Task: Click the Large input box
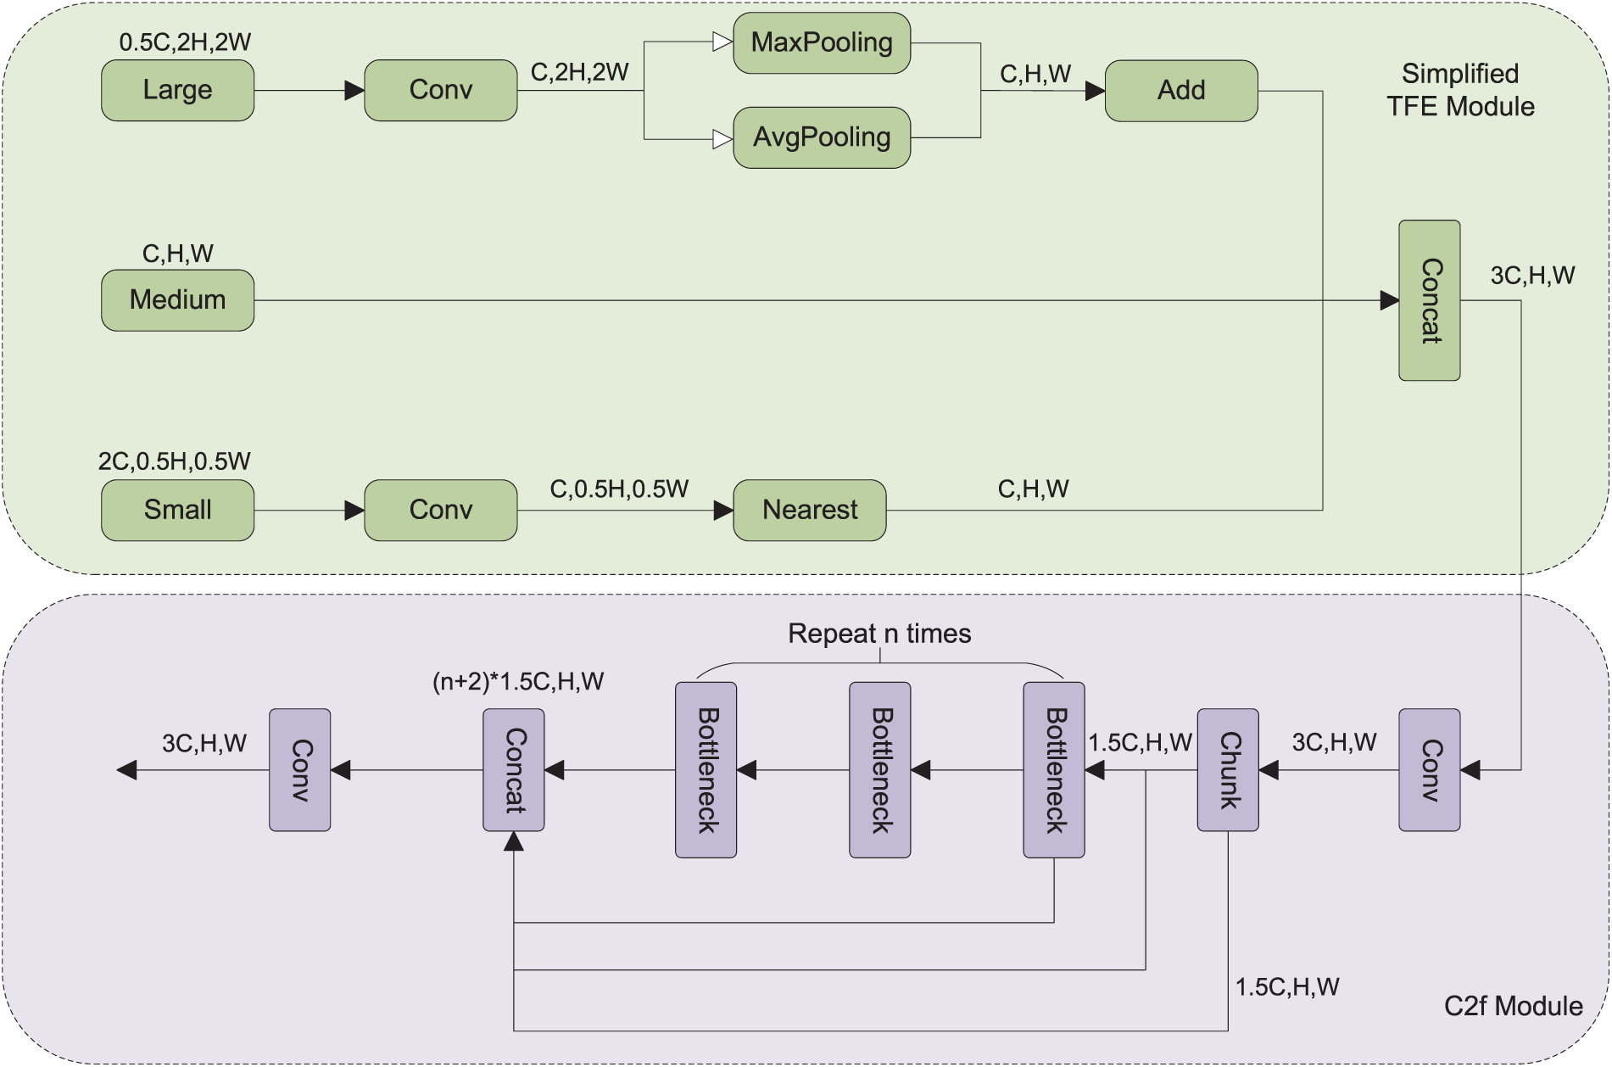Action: pyautogui.click(x=177, y=90)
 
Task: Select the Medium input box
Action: pyautogui.click(x=177, y=300)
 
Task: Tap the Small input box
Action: pyautogui.click(x=177, y=510)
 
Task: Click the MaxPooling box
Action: pyautogui.click(x=821, y=43)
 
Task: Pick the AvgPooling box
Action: pyautogui.click(x=821, y=137)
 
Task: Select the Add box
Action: pyautogui.click(x=1180, y=91)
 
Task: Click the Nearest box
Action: pyautogui.click(x=809, y=510)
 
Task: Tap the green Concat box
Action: pyautogui.click(x=1429, y=300)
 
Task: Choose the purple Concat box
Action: pyautogui.click(x=513, y=769)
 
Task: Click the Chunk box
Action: pyautogui.click(x=1227, y=769)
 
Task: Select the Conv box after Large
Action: pyautogui.click(x=440, y=90)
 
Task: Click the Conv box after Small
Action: pyautogui.click(x=440, y=510)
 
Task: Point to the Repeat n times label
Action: pyautogui.click(x=879, y=634)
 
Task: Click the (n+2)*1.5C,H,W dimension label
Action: pyautogui.click(x=518, y=682)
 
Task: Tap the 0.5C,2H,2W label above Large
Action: pyautogui.click(x=185, y=42)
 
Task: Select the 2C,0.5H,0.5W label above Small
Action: pyautogui.click(x=174, y=461)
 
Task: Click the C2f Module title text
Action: pyautogui.click(x=1513, y=1006)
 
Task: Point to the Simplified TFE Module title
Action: pyautogui.click(x=1460, y=90)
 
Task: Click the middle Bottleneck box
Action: pyautogui.click(x=879, y=769)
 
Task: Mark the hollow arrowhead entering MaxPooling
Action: pyautogui.click(x=722, y=42)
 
